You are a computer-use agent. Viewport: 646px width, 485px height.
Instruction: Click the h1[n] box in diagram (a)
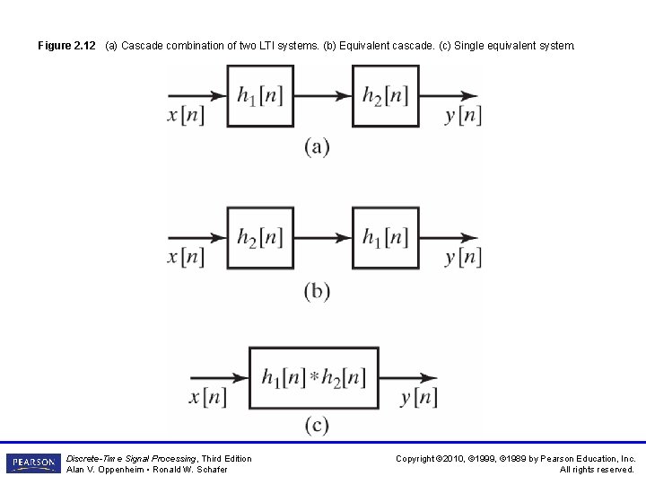[x=259, y=96]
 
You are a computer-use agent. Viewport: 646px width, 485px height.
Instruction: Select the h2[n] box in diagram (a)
[x=386, y=96]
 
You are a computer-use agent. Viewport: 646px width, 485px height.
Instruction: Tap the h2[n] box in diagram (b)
[x=259, y=237]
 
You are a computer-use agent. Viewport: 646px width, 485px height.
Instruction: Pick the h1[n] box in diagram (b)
[x=386, y=237]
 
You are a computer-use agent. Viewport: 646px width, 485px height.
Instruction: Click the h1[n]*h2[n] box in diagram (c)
[x=313, y=377]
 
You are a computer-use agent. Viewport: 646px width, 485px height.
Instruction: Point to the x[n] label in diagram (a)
[x=186, y=116]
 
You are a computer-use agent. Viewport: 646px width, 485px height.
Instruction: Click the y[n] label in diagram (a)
[x=463, y=116]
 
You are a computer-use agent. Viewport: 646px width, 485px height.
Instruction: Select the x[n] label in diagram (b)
[x=186, y=257]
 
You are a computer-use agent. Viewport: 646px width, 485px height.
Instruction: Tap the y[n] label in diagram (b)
[x=463, y=257]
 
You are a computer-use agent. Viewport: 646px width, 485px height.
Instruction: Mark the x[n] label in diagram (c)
[x=207, y=397]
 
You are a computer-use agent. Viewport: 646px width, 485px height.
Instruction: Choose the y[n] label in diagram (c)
[x=419, y=397]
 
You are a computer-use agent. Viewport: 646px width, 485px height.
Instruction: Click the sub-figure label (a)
[x=317, y=147]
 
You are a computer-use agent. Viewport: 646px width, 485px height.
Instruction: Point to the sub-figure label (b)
[x=317, y=291]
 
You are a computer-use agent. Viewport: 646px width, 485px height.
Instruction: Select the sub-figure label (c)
[x=317, y=425]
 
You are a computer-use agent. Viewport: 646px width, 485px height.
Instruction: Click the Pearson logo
[x=33, y=463]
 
